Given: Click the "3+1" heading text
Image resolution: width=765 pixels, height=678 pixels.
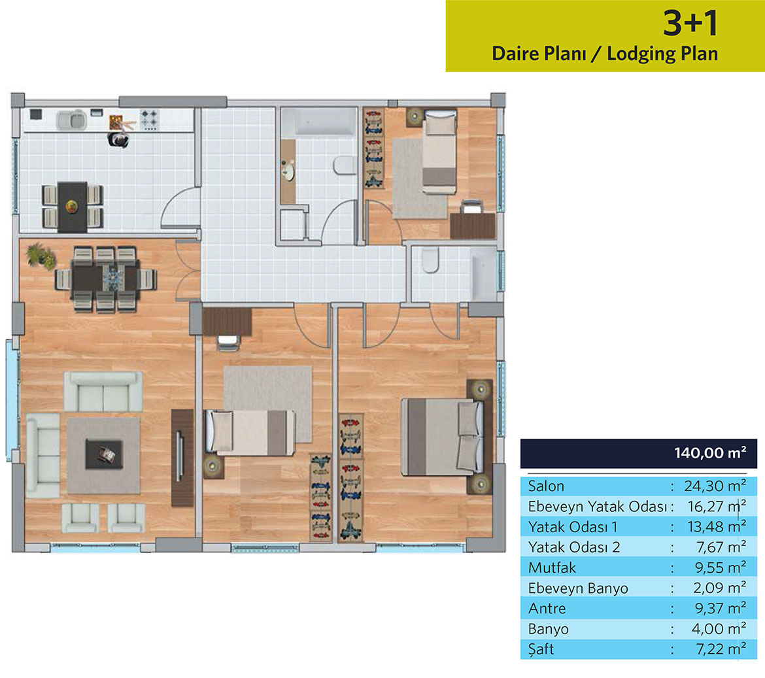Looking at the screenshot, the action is click(690, 23).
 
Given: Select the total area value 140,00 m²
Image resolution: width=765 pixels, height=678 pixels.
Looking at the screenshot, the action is click(710, 452).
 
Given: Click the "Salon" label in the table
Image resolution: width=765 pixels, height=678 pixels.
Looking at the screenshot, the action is click(546, 486).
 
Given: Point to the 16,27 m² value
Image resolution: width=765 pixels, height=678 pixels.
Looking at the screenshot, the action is click(717, 506).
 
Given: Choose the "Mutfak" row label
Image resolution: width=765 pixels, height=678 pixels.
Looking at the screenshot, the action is click(552, 568).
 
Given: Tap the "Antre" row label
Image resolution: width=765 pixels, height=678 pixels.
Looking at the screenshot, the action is click(547, 608).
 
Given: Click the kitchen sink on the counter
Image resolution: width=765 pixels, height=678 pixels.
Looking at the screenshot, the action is click(71, 120).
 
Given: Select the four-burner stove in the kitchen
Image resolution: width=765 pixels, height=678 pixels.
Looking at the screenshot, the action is click(149, 120).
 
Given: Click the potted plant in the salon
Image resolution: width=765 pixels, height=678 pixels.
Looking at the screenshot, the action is click(40, 255).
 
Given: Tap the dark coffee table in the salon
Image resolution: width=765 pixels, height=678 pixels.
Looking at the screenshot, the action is click(104, 454).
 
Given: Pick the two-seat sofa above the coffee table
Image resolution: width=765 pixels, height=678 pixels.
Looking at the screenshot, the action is click(103, 391).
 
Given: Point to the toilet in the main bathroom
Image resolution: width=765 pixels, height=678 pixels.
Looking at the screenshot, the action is click(345, 165).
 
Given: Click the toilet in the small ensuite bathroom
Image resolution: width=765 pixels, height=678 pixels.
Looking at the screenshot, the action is click(430, 260).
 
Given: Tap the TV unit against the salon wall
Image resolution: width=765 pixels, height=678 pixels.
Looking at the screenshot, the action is click(182, 458).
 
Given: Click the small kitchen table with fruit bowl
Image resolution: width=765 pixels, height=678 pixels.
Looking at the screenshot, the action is click(72, 207).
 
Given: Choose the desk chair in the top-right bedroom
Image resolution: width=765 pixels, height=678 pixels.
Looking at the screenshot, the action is click(471, 207).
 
